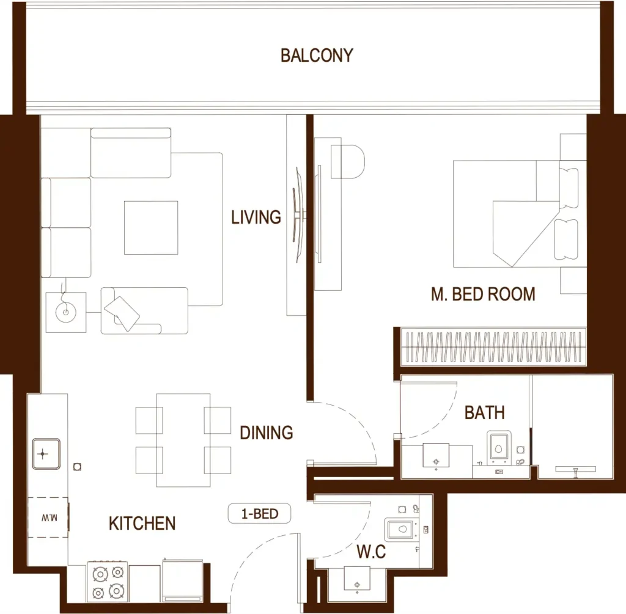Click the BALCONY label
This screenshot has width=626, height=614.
click(x=317, y=56)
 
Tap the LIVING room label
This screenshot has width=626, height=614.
click(x=256, y=217)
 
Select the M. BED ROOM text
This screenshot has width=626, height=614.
click(x=483, y=294)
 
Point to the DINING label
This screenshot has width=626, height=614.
click(x=267, y=433)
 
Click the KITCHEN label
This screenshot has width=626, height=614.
click(x=142, y=524)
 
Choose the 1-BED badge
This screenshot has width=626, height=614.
click(x=259, y=513)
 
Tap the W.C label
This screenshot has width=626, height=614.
click(x=371, y=552)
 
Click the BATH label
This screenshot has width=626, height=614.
click(x=485, y=412)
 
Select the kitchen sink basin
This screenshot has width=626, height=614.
click(x=46, y=454)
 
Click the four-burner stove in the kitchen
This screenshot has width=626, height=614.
click(x=108, y=582)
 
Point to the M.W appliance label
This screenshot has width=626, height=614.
click(x=49, y=518)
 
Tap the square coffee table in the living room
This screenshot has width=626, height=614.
click(x=151, y=228)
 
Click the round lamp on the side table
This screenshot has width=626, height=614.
click(x=66, y=312)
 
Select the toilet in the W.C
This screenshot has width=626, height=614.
click(x=400, y=529)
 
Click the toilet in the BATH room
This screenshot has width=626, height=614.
click(x=499, y=448)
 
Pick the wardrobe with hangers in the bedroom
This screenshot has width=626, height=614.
click(x=493, y=346)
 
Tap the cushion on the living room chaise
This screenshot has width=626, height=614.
click(x=122, y=313)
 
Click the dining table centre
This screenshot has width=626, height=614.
click(x=183, y=440)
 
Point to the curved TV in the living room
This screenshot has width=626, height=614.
click(x=298, y=215)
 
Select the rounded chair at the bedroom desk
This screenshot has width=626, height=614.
click(x=348, y=161)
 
